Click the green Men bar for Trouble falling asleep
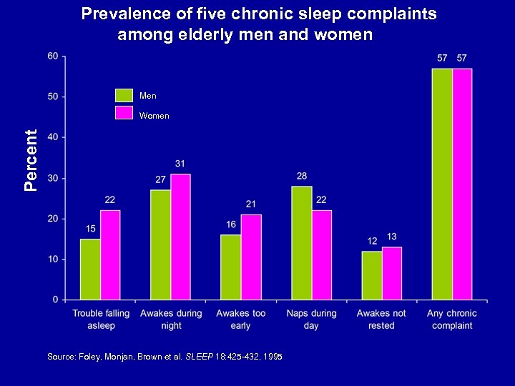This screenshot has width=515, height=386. pos(90,269)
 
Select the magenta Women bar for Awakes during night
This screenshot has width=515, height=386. pos(180,237)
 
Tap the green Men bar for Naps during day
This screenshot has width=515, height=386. pos(301,243)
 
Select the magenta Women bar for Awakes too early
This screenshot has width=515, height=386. pos(250,257)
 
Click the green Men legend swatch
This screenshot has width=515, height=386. pos(124,95)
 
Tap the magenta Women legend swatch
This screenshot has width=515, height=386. pos(124,114)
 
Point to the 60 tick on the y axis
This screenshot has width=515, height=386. pos(54,56)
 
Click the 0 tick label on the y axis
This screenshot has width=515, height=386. pos(56,300)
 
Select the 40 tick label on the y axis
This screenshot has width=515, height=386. pos(54,137)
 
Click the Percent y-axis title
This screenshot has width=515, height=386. pos(31,161)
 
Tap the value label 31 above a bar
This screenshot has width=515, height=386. pos(180,164)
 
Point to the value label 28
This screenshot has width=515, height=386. pos(301,176)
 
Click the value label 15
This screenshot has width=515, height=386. pos(90,229)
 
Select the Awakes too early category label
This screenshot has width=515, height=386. pos(241,320)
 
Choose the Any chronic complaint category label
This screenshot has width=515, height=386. pos(451,320)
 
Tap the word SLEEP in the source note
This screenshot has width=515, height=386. pos(200,356)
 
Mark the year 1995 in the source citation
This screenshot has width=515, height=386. pos(272,356)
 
